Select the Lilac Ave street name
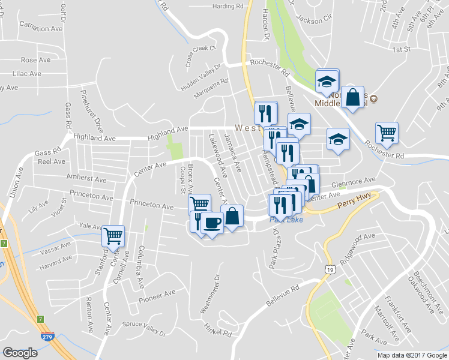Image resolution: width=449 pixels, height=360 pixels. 27,74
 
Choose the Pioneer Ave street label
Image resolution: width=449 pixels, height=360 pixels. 157,294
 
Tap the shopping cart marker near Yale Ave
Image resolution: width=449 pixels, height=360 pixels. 113,235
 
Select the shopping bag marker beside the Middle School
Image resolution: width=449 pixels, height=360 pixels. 354,97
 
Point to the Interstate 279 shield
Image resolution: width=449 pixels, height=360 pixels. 47,337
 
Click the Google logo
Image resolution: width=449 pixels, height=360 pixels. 20,353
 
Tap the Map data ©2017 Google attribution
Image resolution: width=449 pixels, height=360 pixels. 412,355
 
